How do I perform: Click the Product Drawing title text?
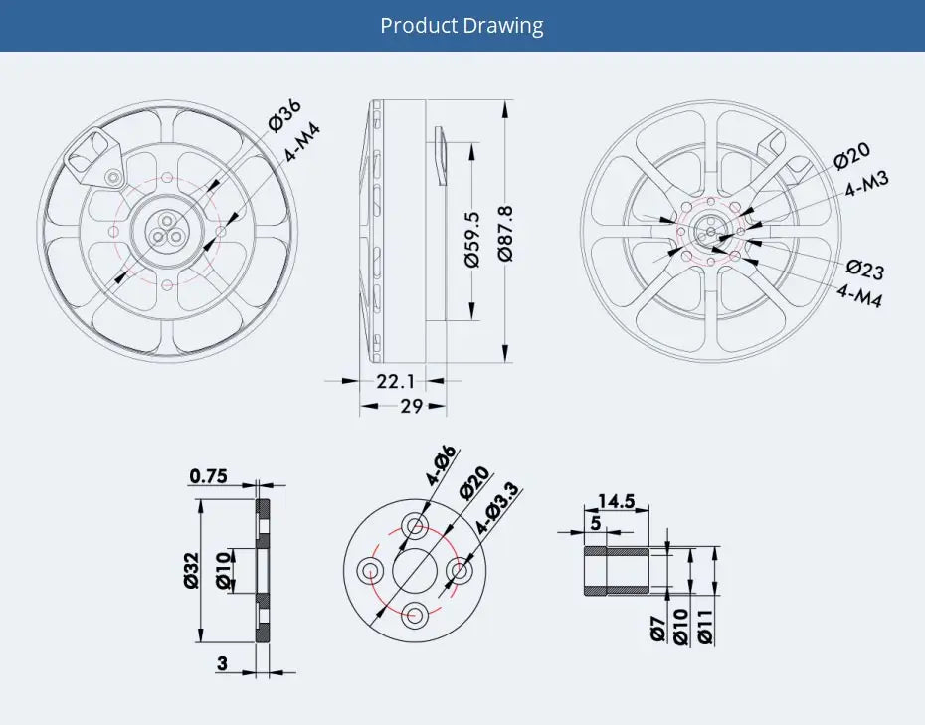(462, 25)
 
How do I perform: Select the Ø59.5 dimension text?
(472, 238)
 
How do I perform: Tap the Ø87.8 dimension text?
(505, 233)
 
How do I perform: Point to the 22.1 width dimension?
(395, 380)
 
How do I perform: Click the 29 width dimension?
(411, 406)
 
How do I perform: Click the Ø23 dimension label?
(864, 270)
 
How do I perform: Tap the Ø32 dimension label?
(192, 570)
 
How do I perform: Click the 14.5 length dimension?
(616, 501)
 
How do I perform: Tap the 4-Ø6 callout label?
(440, 465)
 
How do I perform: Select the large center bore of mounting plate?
(415, 569)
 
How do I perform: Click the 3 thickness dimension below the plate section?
(222, 663)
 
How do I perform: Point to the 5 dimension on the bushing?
(595, 522)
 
